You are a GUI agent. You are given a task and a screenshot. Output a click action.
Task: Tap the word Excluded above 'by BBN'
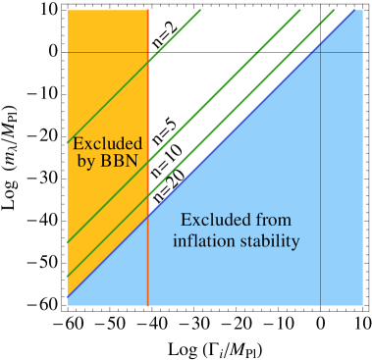coord(107,143)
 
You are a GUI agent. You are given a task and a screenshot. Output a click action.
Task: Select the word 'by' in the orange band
coord(85,161)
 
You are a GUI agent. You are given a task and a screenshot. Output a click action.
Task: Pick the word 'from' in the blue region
coord(272,221)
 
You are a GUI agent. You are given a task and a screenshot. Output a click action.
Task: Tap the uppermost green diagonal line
coord(108,103)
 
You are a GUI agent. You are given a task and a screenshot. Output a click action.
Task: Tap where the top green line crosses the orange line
coord(147,64)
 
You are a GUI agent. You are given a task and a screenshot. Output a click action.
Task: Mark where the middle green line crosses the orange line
coord(147,159)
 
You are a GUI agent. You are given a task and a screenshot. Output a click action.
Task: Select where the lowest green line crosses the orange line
coord(147,196)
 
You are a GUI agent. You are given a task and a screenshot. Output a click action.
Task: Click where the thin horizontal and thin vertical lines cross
coord(321,52)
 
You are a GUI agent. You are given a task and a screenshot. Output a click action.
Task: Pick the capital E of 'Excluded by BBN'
coord(78,143)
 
